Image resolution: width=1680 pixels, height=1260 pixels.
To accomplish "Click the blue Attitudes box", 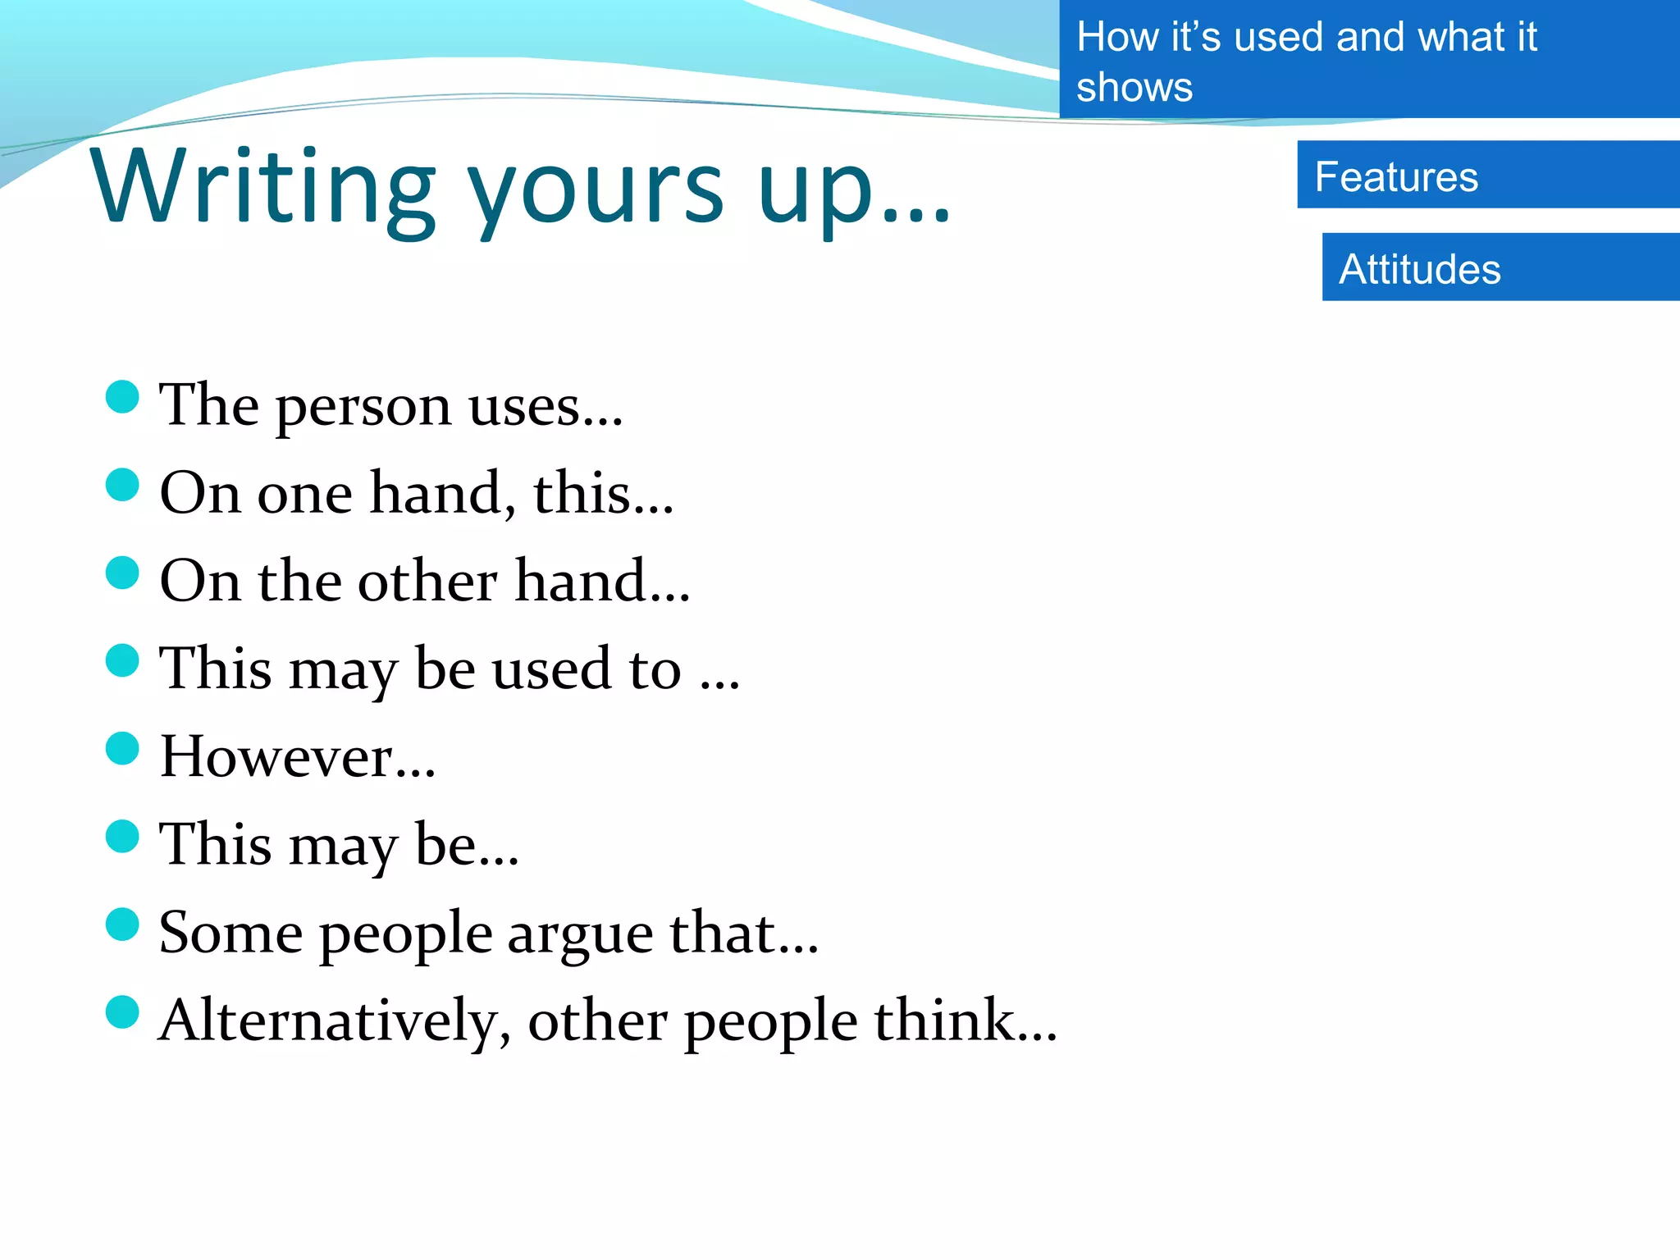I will click(1500, 268).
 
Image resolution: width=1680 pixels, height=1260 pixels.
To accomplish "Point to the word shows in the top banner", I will click(1134, 88).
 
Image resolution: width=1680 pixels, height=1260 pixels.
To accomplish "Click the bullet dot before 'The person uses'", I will click(123, 397).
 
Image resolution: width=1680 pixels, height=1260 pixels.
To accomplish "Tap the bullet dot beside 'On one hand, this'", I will click(123, 485).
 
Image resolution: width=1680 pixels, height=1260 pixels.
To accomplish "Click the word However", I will click(297, 756).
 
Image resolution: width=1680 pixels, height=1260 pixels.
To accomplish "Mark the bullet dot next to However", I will click(123, 748).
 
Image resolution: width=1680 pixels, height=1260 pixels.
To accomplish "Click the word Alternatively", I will click(334, 1021).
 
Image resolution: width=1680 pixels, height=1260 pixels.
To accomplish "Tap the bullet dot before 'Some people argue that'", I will click(123, 924).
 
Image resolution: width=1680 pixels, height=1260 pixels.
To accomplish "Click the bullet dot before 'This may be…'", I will click(123, 836).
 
